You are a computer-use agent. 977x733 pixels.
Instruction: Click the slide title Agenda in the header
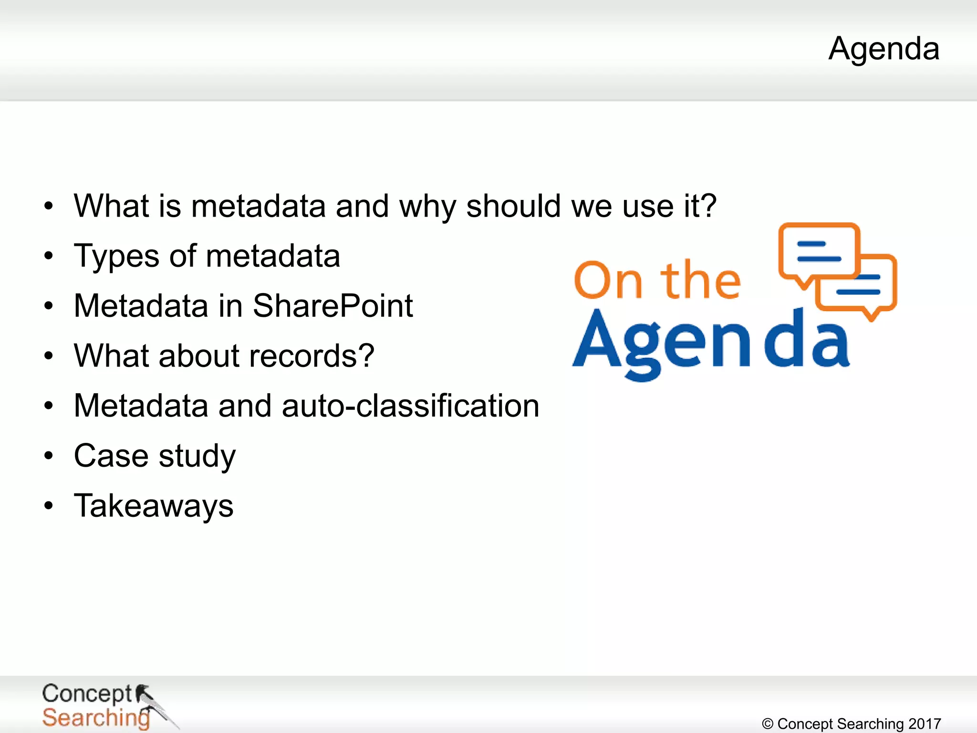tap(884, 49)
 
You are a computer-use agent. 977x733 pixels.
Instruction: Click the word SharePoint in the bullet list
tap(333, 306)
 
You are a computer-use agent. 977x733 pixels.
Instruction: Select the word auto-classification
tap(410, 406)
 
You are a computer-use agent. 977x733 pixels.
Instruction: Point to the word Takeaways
tap(154, 506)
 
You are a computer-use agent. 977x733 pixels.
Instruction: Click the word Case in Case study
tap(111, 456)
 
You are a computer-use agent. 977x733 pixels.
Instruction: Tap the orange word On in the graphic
tap(608, 280)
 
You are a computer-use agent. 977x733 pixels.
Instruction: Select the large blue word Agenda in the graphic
tap(711, 341)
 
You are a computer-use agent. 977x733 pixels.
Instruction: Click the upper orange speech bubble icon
tap(819, 252)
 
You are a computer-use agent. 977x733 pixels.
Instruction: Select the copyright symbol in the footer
tap(768, 724)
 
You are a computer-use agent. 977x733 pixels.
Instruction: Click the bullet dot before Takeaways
tap(48, 506)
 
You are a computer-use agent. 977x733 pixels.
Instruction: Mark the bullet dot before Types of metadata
tap(48, 256)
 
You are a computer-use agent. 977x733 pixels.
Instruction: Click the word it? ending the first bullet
tap(700, 206)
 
